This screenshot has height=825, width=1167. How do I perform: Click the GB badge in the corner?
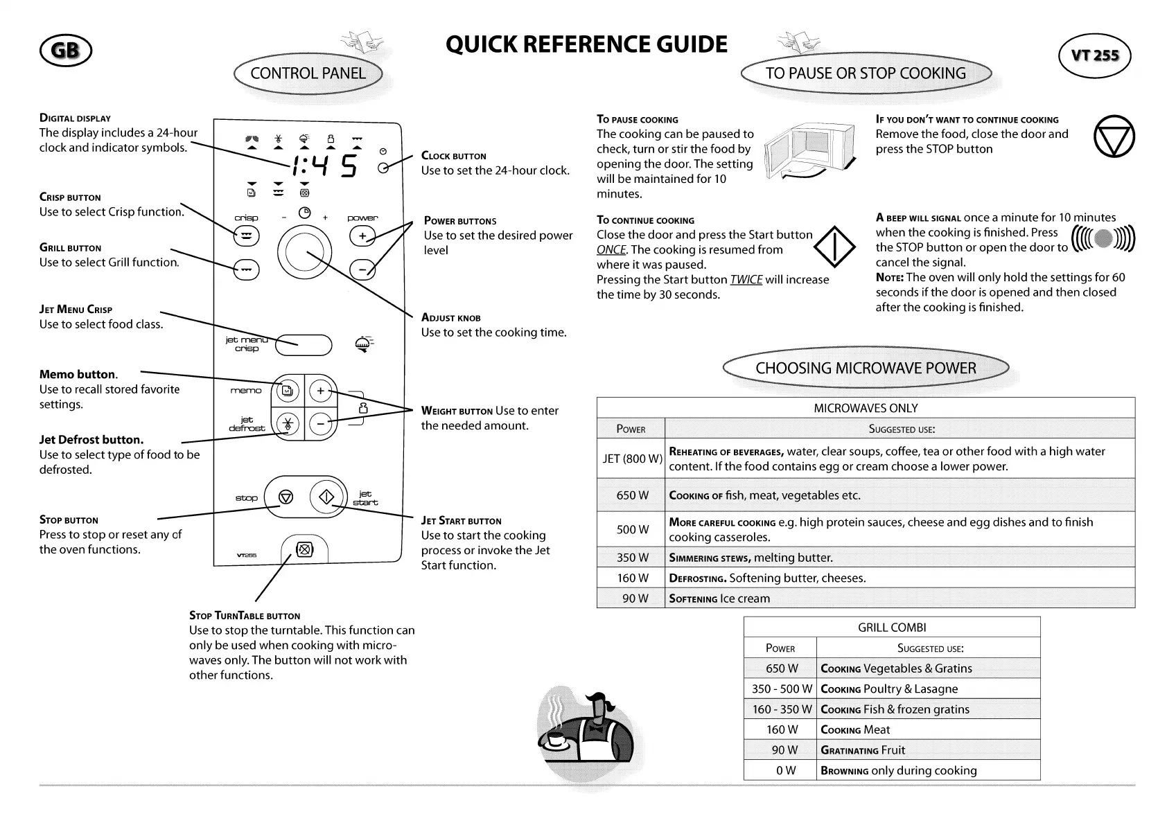pos(66,51)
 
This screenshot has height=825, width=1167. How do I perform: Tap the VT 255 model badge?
pos(1095,55)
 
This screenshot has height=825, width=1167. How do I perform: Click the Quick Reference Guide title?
pos(586,44)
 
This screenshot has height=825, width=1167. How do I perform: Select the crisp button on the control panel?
pos(246,236)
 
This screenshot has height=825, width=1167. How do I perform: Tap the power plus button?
pos(362,236)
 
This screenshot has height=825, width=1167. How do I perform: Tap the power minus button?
pos(362,269)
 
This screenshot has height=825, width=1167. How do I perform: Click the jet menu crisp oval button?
pos(304,344)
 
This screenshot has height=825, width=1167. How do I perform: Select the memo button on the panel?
pos(286,391)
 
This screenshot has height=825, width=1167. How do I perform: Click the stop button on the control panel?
pos(286,497)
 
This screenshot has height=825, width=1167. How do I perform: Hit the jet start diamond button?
pos(326,496)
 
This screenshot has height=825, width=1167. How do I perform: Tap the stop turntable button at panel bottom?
pos(304,550)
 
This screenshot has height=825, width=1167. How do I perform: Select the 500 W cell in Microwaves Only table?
pos(632,530)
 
